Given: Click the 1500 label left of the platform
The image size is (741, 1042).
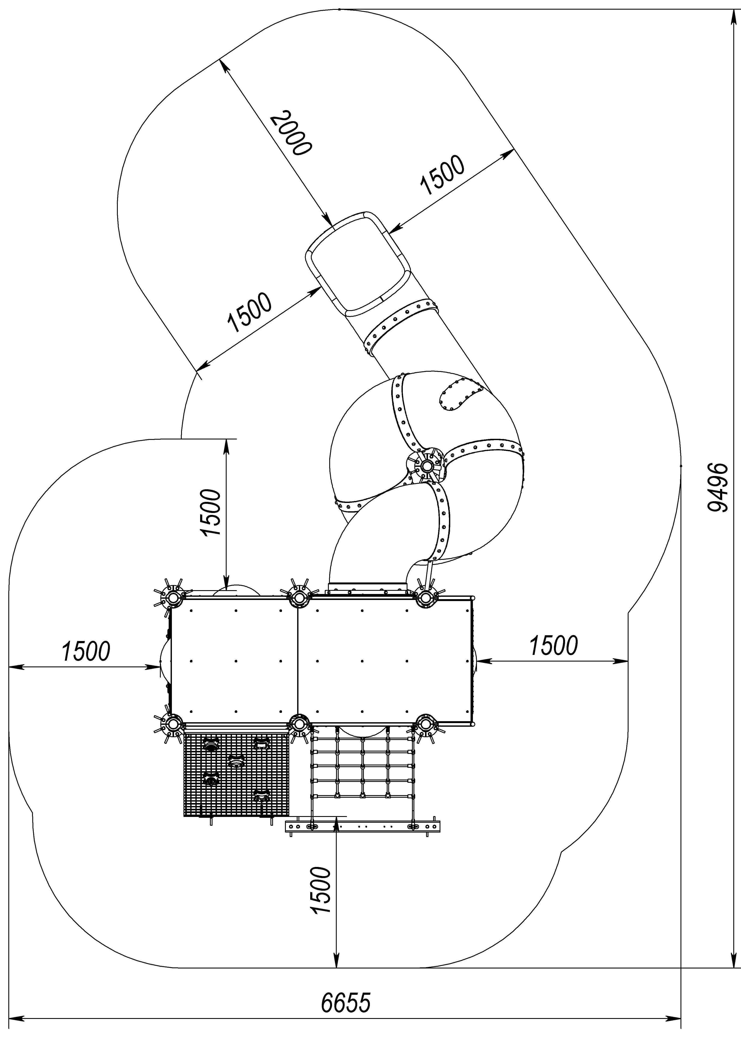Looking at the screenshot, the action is point(86,651).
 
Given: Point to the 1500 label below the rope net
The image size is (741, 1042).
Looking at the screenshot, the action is point(320,890).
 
